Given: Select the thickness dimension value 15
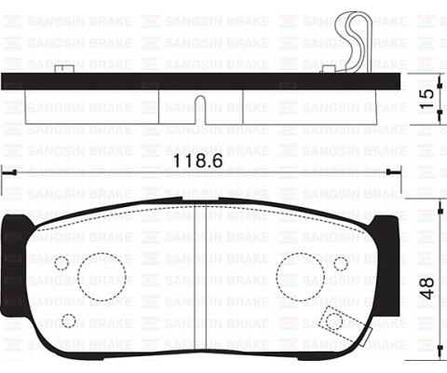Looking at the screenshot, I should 426,100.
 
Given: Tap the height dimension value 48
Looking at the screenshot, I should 426,286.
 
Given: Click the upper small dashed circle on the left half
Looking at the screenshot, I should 61,263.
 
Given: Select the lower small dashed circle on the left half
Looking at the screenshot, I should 68,321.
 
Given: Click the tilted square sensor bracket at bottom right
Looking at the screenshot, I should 332,321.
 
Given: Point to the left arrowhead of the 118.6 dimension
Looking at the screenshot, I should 7,172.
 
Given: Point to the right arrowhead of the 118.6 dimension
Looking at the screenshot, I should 395,172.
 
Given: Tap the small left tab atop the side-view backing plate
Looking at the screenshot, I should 63,69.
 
